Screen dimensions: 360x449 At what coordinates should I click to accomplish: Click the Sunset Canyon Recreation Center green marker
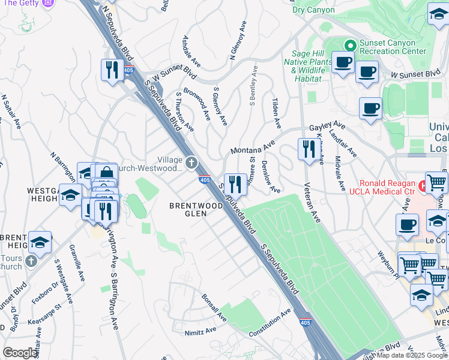click(x=349, y=45)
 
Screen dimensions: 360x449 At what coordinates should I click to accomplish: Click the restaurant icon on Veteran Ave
click(x=308, y=149)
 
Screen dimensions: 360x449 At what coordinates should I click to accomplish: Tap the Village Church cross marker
click(x=191, y=161)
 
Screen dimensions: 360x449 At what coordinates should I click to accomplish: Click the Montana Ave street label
click(x=252, y=148)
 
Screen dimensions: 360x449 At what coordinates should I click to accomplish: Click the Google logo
click(x=20, y=353)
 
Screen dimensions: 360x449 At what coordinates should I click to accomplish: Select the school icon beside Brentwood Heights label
click(x=40, y=242)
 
